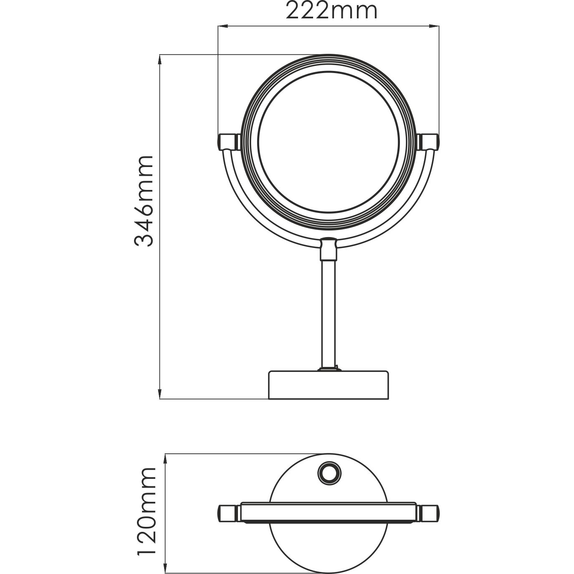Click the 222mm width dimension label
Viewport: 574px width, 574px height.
click(x=331, y=11)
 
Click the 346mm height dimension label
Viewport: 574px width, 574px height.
click(x=144, y=201)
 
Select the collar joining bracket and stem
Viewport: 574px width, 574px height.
click(x=328, y=249)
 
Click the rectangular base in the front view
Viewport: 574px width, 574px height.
click(x=329, y=384)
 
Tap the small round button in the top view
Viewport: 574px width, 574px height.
click(x=329, y=473)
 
